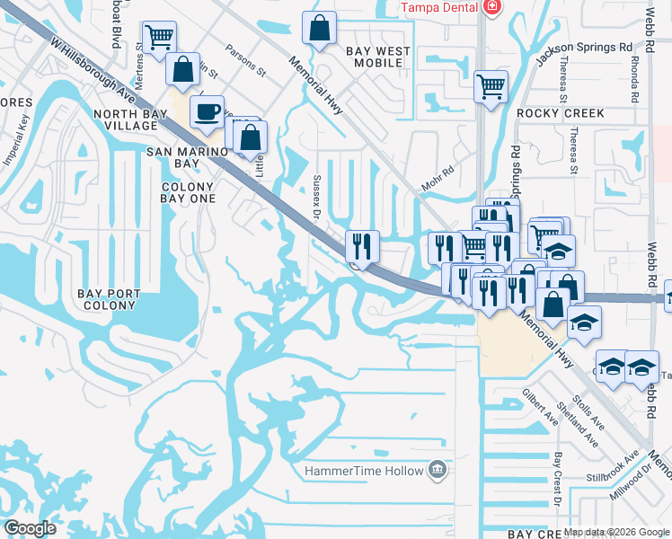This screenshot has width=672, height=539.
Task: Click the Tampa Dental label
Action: click(438, 7)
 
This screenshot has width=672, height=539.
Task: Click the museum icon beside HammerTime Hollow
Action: click(437, 469)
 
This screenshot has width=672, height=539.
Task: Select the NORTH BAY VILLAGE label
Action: click(138, 119)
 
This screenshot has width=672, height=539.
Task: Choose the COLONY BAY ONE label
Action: click(187, 192)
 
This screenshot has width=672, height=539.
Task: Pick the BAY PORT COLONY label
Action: click(119, 299)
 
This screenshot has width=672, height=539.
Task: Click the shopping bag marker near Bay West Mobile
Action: click(319, 28)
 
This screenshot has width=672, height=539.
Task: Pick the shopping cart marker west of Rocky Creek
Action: click(491, 87)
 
